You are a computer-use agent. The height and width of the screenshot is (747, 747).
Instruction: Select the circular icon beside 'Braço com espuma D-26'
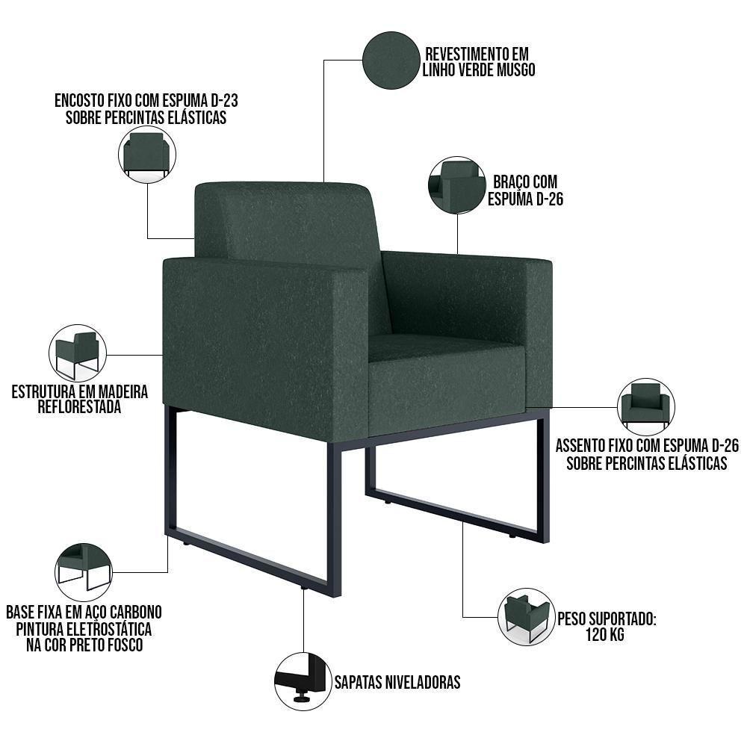pyautogui.click(x=456, y=185)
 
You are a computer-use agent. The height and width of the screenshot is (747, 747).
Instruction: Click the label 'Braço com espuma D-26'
pyautogui.click(x=525, y=190)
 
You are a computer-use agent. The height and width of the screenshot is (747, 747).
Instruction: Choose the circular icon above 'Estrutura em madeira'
pyautogui.click(x=78, y=353)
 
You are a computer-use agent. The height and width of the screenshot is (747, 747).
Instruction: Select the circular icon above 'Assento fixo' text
pyautogui.click(x=646, y=406)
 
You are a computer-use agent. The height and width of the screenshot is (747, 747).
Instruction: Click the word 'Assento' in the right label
pyautogui.click(x=586, y=446)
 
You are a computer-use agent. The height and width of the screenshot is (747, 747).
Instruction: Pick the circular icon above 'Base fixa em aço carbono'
pyautogui.click(x=84, y=571)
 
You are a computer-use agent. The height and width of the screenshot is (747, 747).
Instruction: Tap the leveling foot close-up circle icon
pyautogui.click(x=303, y=681)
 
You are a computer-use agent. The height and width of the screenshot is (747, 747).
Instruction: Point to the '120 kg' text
pyautogui.click(x=606, y=636)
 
